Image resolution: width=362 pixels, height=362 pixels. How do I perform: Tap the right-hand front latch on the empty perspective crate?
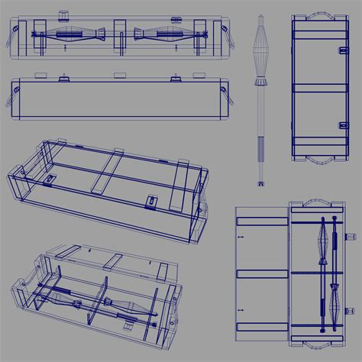(x=151, y=203)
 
